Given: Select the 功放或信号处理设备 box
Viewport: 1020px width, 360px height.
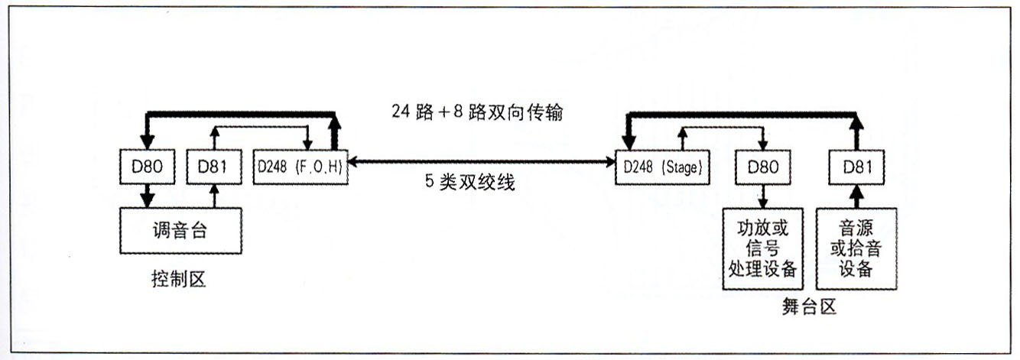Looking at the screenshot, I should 763,250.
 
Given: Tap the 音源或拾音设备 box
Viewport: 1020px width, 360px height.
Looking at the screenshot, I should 857,250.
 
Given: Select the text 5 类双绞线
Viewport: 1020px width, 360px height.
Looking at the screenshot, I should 469,184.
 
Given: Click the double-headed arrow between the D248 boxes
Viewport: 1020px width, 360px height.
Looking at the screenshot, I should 482,162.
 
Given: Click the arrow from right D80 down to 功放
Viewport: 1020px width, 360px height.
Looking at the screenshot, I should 762,197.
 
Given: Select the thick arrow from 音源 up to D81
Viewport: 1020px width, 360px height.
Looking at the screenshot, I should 857,197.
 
